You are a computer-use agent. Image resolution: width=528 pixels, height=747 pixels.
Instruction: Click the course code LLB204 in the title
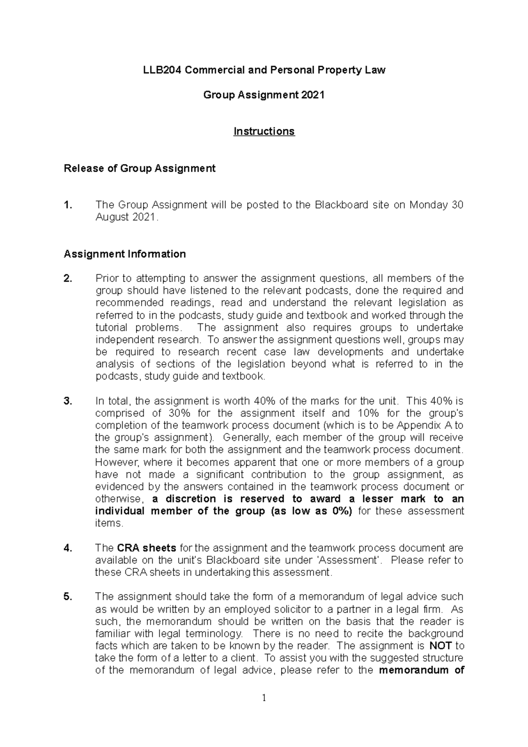162,70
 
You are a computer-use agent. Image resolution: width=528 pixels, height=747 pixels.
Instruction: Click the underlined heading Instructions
264,132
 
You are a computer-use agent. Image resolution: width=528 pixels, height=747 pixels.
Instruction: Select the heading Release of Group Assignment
139,168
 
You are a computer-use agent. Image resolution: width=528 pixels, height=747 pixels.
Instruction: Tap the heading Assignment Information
125,254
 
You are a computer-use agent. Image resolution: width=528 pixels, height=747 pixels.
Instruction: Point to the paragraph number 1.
67,205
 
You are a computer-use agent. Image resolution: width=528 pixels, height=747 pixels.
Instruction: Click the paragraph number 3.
67,401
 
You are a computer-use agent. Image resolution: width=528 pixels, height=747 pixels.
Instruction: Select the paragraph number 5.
67,597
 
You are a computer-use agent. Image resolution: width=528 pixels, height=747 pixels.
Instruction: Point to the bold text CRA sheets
147,548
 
